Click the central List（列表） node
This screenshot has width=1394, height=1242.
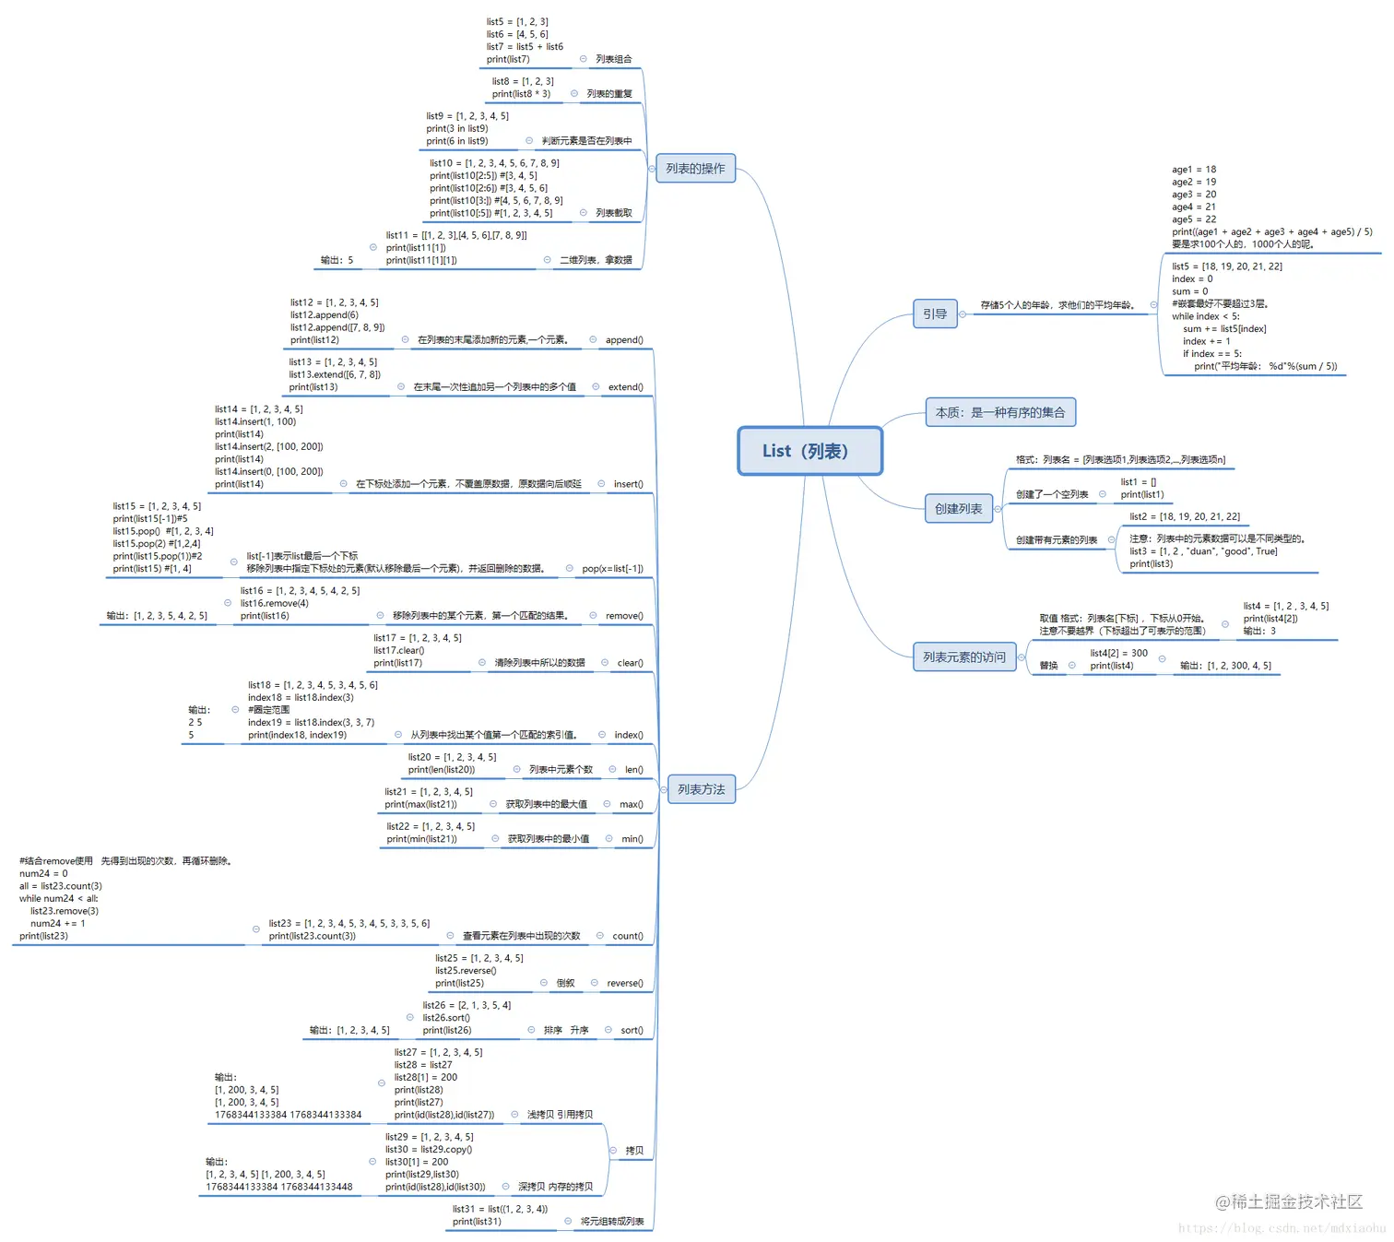click(809, 451)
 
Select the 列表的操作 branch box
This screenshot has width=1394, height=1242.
click(695, 169)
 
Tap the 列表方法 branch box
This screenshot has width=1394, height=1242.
click(701, 789)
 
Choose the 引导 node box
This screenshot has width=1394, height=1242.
click(935, 313)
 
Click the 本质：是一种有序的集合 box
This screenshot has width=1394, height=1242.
click(1000, 412)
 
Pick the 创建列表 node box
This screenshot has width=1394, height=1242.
click(958, 508)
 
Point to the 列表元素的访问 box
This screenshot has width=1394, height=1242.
click(964, 656)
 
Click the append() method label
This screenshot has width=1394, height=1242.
click(624, 340)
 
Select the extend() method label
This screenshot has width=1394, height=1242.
click(625, 387)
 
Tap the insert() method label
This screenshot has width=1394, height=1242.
click(628, 484)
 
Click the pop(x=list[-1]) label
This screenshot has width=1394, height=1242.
click(612, 569)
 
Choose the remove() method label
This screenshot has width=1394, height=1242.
click(624, 616)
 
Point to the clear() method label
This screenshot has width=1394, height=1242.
click(630, 663)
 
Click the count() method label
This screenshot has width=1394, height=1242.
click(628, 936)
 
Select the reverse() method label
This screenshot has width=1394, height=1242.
click(624, 983)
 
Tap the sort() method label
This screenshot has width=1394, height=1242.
click(632, 1030)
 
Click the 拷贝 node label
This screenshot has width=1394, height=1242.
click(634, 1151)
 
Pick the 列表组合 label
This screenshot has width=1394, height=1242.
click(613, 59)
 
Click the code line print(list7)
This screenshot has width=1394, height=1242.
click(508, 59)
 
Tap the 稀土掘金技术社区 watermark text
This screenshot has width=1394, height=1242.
click(1288, 1201)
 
